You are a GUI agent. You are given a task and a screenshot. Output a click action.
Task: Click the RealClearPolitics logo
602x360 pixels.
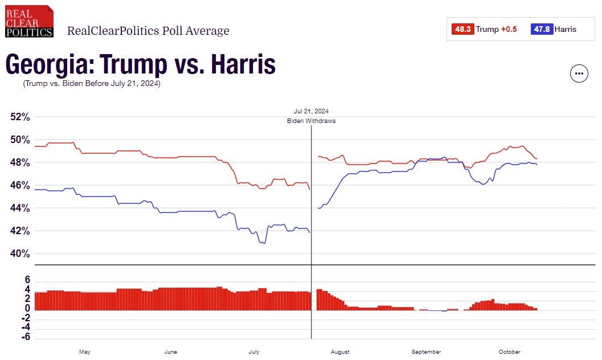[29, 22]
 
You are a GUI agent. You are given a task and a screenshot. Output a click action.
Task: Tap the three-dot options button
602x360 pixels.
[579, 73]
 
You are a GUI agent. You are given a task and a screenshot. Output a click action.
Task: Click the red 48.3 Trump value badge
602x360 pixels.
[462, 29]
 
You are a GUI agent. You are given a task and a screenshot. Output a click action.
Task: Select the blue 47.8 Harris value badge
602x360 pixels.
[541, 29]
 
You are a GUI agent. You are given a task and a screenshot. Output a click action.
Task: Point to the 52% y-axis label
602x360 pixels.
[20, 117]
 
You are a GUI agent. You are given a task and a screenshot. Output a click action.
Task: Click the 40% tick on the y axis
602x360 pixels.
[20, 253]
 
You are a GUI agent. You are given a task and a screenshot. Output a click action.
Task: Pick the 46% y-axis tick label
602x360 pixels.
[20, 185]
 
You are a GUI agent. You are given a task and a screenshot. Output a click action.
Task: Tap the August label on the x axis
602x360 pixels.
[340, 352]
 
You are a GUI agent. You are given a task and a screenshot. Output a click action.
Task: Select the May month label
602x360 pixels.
[84, 352]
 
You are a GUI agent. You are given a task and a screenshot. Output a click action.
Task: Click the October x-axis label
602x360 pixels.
[509, 352]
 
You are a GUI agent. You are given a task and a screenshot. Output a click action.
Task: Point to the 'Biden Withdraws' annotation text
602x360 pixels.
[311, 121]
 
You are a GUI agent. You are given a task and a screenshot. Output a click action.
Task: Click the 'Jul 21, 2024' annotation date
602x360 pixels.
[311, 111]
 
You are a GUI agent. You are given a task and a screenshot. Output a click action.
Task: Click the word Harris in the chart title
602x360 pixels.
[243, 65]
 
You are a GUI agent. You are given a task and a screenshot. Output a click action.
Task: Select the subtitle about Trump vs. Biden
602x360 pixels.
[92, 84]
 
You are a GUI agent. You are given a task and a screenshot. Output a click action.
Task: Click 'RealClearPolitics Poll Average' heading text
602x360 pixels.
[148, 31]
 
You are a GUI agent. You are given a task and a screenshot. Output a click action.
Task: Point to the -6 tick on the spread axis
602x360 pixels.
[26, 338]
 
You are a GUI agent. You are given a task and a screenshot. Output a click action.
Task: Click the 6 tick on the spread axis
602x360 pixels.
[27, 280]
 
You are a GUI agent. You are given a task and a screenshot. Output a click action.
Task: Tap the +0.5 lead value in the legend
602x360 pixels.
[509, 29]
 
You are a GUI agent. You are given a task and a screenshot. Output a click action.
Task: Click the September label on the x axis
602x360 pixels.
[426, 352]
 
